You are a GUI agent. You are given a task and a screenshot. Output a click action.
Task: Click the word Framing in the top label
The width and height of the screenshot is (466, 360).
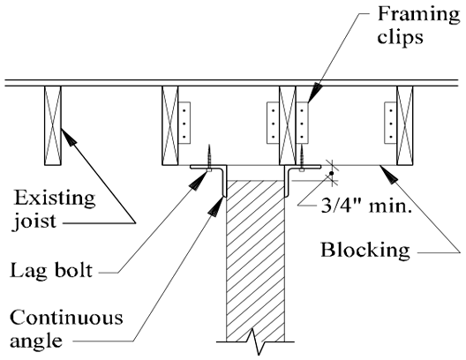click(418, 14)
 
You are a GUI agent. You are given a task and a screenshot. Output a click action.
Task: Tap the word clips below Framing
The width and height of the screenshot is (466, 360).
click(400, 38)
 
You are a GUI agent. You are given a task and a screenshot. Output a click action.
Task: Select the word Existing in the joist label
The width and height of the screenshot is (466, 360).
click(55, 199)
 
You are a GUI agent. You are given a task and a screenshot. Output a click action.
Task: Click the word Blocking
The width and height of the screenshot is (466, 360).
click(365, 251)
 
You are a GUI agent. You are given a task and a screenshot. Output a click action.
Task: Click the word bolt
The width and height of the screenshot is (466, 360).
click(72, 270)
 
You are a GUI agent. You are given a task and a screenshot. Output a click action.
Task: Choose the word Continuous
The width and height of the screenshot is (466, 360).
click(66, 318)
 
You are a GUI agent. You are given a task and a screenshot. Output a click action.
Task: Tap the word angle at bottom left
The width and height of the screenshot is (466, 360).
click(36, 341)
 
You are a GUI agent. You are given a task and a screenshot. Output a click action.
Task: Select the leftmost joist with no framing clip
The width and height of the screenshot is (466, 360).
click(53, 125)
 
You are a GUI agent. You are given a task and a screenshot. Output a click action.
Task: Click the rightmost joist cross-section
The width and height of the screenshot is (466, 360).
click(405, 125)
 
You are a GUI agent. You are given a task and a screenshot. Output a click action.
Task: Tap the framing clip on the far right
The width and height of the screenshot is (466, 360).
click(390, 123)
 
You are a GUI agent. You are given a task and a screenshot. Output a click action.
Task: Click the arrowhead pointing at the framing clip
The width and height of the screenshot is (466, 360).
click(315, 92)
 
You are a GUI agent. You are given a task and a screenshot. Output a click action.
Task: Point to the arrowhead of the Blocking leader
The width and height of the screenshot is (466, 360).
click(388, 174)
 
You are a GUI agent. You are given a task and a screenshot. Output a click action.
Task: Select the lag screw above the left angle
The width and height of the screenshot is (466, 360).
click(210, 158)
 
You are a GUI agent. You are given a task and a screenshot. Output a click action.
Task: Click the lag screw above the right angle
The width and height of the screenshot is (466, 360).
click(302, 158)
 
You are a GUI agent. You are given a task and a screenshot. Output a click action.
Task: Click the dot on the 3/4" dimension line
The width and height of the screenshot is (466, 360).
click(332, 173)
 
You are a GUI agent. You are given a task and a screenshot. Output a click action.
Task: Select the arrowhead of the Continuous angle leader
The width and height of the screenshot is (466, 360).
click(216, 206)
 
